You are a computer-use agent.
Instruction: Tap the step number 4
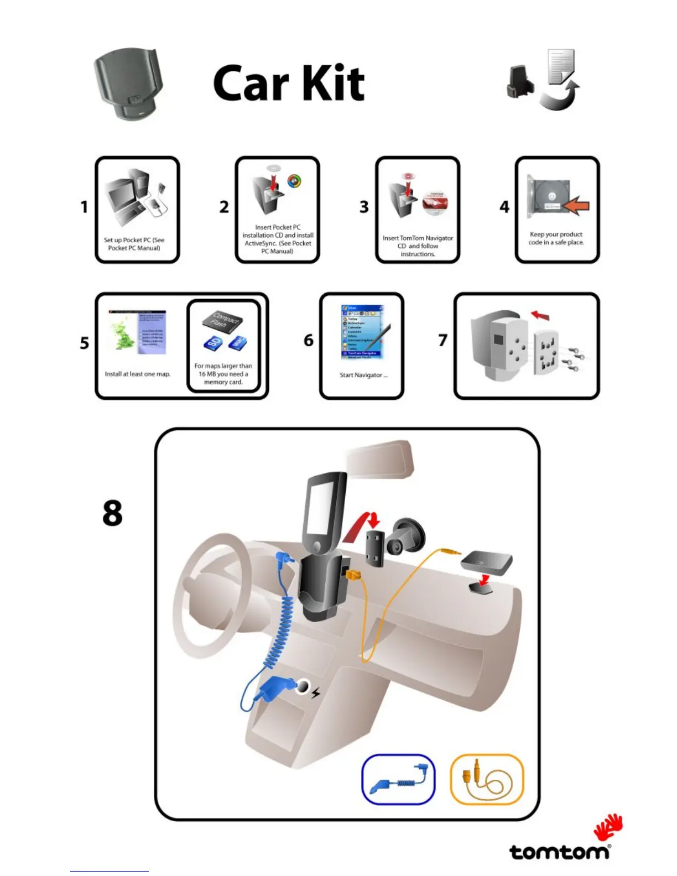point(504,207)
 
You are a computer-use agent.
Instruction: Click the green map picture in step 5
point(124,335)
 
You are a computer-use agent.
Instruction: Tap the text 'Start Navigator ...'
point(363,375)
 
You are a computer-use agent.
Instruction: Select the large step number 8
point(112,513)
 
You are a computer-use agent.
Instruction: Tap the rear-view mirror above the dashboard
point(379,458)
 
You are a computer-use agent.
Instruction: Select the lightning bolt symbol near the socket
point(316,692)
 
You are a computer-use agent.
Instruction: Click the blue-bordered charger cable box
point(398,779)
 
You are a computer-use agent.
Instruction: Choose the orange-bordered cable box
point(487,779)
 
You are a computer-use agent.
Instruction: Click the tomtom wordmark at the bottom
point(559,851)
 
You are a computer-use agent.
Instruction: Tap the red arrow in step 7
point(541,315)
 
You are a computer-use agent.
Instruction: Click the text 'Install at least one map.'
point(138,374)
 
